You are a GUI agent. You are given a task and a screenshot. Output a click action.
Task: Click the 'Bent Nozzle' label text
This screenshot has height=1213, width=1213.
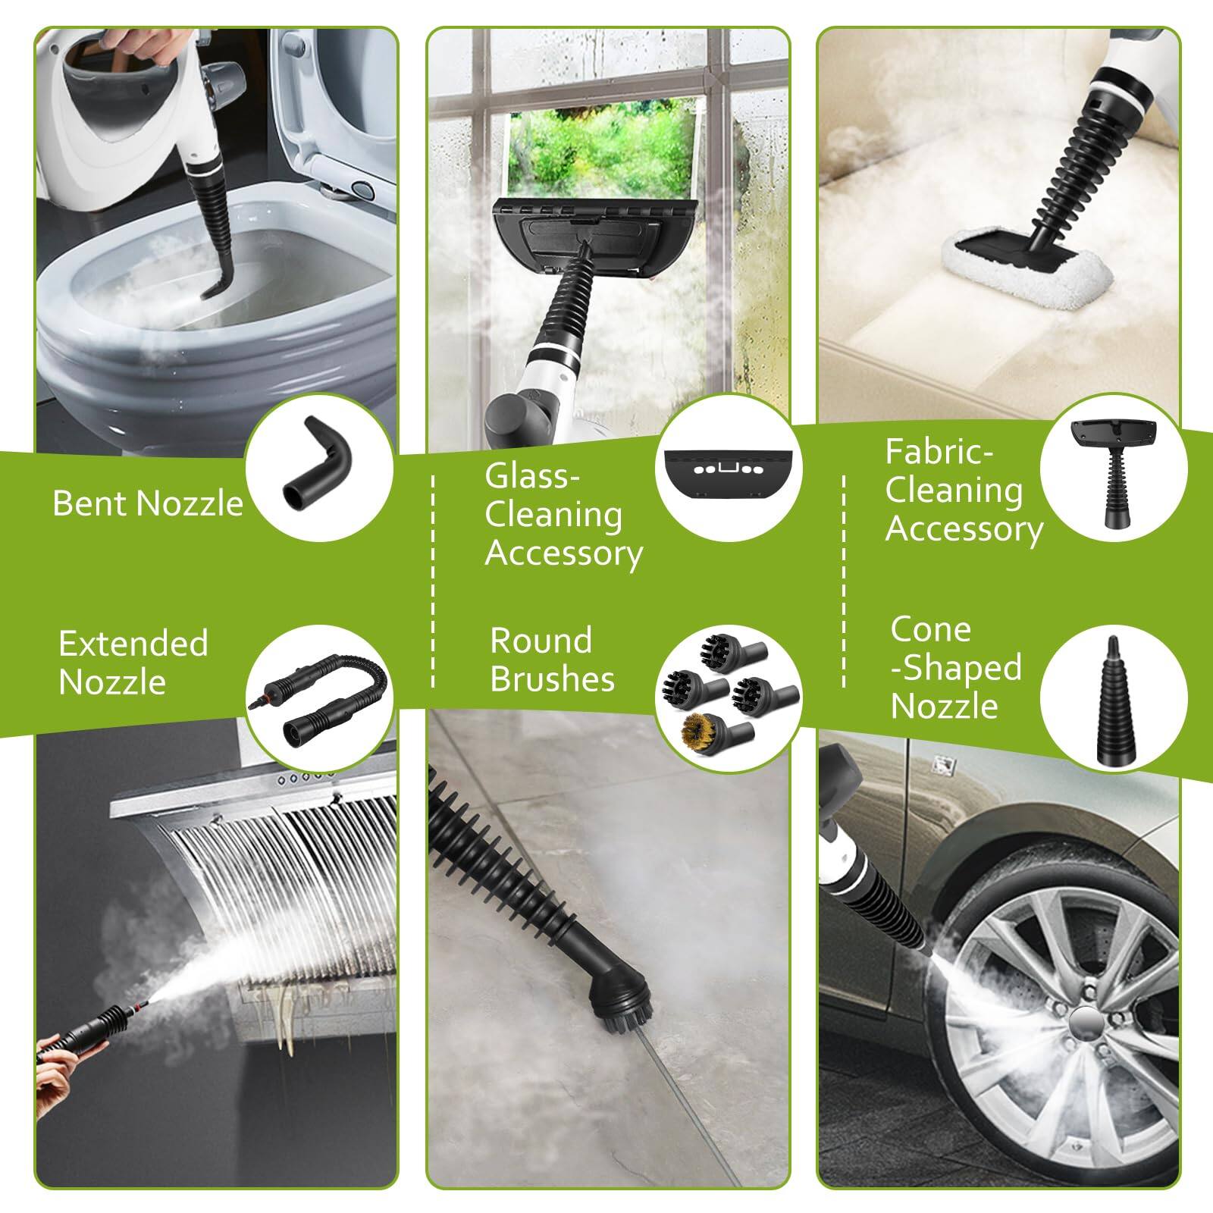[148, 503]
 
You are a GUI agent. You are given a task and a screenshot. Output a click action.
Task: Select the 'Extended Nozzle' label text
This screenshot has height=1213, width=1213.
[133, 663]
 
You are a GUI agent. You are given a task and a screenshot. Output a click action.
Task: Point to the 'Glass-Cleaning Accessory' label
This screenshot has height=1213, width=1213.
[563, 515]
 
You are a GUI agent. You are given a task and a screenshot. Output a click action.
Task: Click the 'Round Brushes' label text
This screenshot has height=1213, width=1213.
[551, 660]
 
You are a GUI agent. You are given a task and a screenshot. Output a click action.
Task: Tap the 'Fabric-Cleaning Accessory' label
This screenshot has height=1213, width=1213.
[963, 491]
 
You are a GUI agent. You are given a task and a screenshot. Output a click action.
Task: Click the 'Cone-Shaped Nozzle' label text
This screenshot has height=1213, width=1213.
[955, 667]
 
